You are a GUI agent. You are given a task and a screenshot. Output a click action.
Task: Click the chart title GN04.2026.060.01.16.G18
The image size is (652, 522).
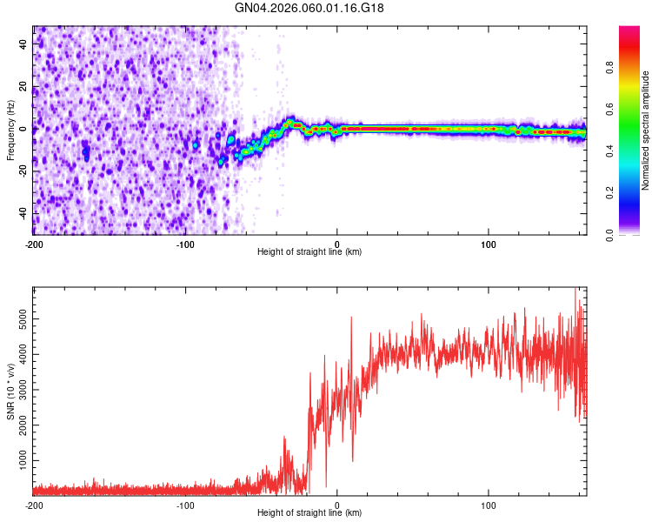click(x=309, y=8)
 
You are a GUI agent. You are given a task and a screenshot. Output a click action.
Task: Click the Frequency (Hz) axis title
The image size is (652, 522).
click(x=10, y=130)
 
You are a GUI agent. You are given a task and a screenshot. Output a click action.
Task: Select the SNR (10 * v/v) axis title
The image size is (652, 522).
click(x=10, y=391)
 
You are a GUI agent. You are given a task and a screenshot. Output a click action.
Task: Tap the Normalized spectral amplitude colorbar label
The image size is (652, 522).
click(x=646, y=130)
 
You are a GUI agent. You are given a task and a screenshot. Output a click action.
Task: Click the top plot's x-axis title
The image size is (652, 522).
click(x=309, y=251)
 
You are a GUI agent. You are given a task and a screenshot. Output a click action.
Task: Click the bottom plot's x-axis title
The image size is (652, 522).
click(x=309, y=512)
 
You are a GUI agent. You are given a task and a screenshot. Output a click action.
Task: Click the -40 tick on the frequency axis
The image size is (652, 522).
click(x=23, y=213)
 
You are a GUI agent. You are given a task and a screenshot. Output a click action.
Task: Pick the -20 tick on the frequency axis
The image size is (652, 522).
click(x=23, y=171)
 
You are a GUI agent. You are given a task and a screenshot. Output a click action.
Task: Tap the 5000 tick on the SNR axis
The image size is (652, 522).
click(x=23, y=321)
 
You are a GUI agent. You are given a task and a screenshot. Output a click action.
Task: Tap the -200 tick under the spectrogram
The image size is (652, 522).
click(x=33, y=243)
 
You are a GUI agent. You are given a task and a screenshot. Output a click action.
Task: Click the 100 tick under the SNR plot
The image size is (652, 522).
click(x=489, y=504)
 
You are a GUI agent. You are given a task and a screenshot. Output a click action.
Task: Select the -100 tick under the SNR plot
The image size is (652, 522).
click(x=185, y=504)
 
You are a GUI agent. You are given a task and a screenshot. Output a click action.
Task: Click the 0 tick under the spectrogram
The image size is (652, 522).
click(x=337, y=243)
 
